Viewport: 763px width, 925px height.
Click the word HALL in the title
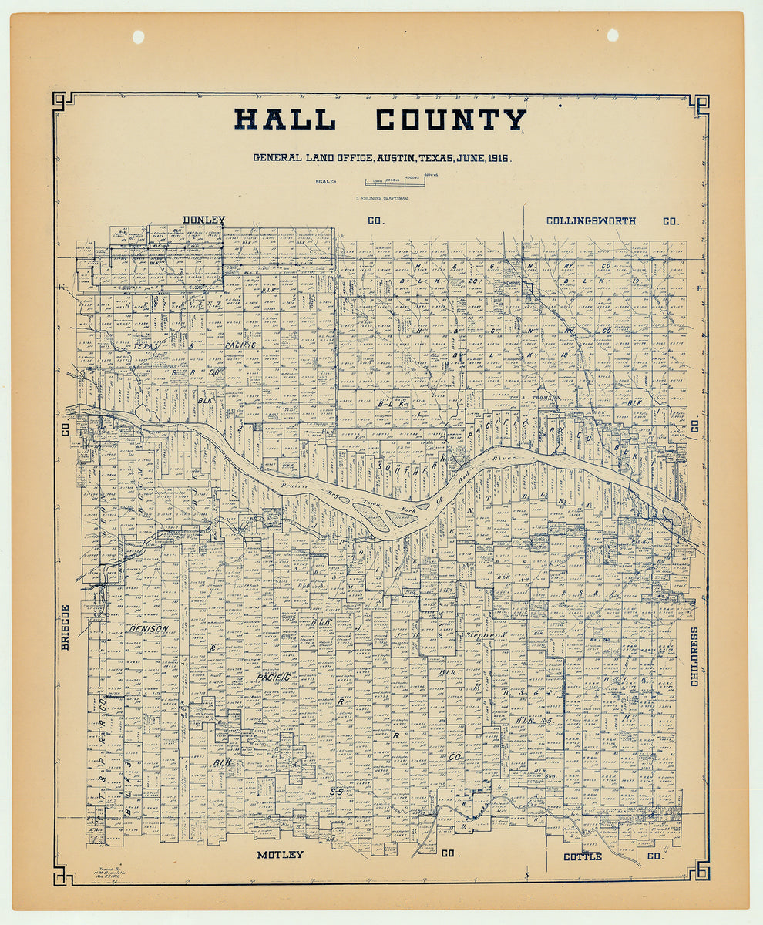[284, 119]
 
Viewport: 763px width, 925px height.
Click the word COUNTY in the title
[451, 119]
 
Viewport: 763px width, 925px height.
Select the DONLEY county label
[203, 220]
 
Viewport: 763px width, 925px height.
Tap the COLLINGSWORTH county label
[591, 220]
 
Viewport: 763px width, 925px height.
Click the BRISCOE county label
[66, 626]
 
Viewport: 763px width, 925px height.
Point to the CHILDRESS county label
[694, 656]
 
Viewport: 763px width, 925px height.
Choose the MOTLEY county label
[280, 855]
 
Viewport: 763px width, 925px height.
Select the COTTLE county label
[582, 857]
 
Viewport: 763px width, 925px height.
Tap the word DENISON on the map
[148, 629]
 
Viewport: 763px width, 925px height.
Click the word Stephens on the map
[484, 635]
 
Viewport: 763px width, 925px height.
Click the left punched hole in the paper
[138, 36]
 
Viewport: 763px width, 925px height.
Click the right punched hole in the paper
[613, 35]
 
